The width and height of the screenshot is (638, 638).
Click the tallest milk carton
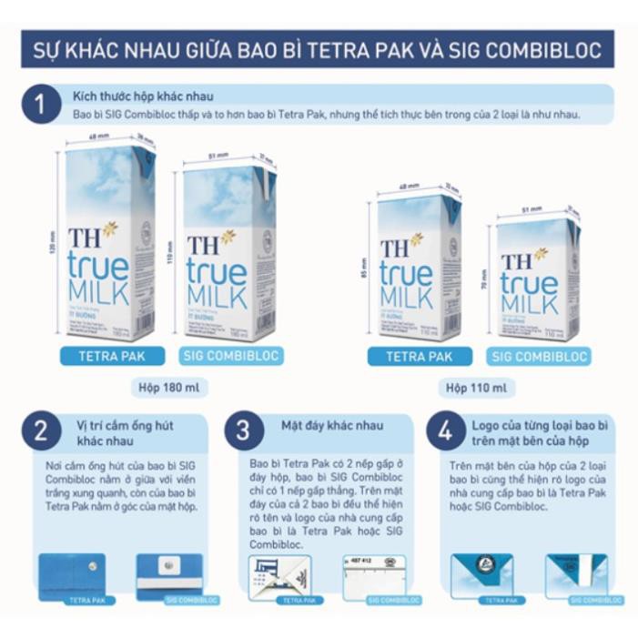[107, 239]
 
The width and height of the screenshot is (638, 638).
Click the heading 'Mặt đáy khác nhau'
[331, 425]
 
